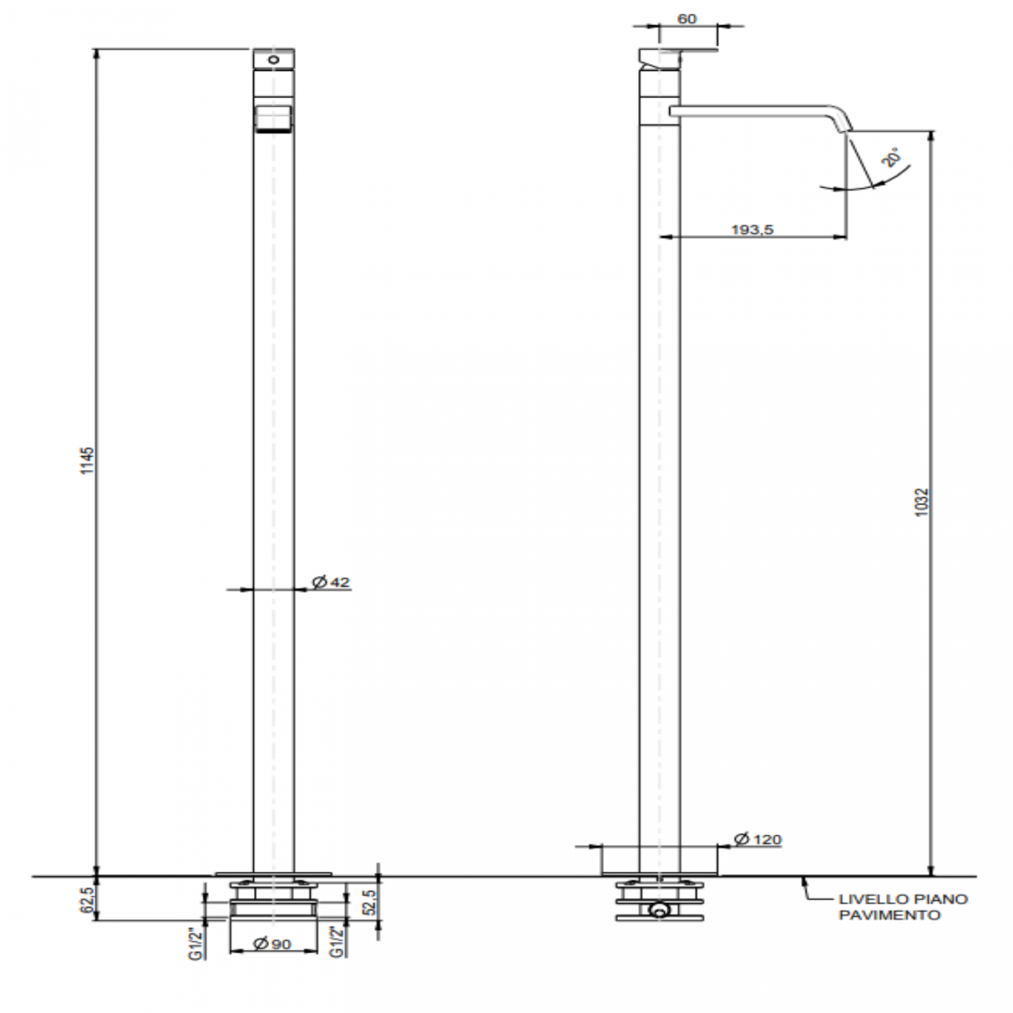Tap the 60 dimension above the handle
(x=687, y=19)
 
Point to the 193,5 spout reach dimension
(x=752, y=229)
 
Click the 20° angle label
(x=893, y=158)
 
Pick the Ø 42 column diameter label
(x=330, y=582)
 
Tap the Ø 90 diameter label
(x=273, y=944)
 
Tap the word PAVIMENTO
(x=889, y=916)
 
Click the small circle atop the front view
(x=274, y=59)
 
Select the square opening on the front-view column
(x=274, y=118)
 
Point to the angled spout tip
(x=846, y=125)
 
